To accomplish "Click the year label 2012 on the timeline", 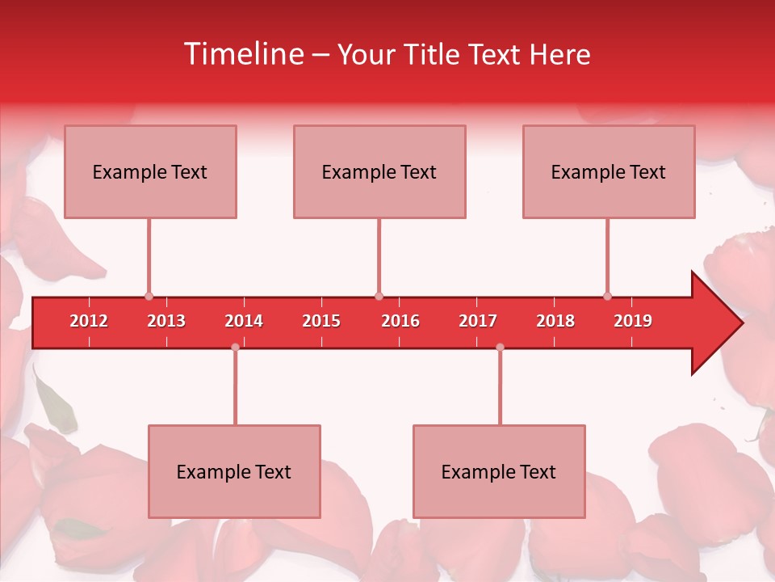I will point(89,322).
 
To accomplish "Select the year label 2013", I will point(166,322).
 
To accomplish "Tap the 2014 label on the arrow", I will point(244,322).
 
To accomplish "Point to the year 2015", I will point(321,322).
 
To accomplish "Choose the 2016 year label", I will point(400,322).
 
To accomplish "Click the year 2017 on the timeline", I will point(478,322).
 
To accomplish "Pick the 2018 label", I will point(555,322).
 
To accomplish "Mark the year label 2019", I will point(633,322).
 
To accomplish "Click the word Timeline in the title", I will point(242,54).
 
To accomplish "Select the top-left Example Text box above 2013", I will point(150,171).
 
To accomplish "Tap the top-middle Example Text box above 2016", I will point(379,171).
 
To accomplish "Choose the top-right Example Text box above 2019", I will point(609,171).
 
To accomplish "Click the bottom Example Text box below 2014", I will point(234,471).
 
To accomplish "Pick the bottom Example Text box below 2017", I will point(499,471).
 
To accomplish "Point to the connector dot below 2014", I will point(235,347).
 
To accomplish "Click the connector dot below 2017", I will point(500,347).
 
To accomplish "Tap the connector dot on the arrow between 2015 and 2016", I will point(379,297).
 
